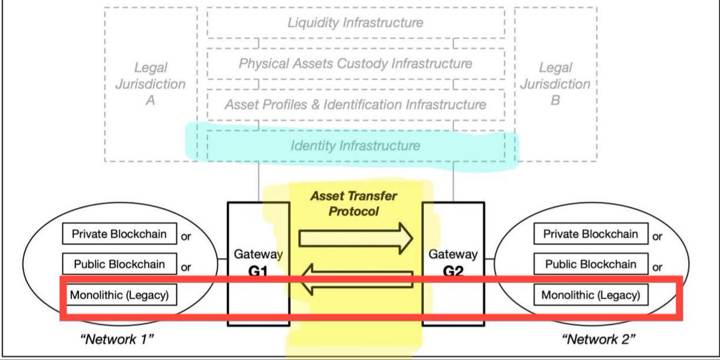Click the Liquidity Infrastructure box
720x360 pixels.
pos(355,23)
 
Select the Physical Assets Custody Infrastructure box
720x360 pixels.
pos(355,63)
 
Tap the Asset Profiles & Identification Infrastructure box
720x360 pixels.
pos(355,104)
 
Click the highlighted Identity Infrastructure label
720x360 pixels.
pos(355,146)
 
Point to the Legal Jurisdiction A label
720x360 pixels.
pos(151,84)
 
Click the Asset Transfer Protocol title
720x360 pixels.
pos(354,203)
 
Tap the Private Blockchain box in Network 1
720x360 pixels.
pos(119,234)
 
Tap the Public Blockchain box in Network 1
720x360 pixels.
pos(119,264)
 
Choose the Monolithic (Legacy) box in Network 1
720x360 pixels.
pos(119,295)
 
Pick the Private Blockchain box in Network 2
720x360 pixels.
pos(590,234)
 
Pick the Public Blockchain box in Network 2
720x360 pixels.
pos(590,264)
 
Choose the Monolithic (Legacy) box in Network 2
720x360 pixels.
pos(590,295)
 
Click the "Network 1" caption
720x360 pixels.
pos(118,340)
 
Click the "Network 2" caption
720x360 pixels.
pos(598,340)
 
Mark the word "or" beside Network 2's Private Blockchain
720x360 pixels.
pos(658,236)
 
